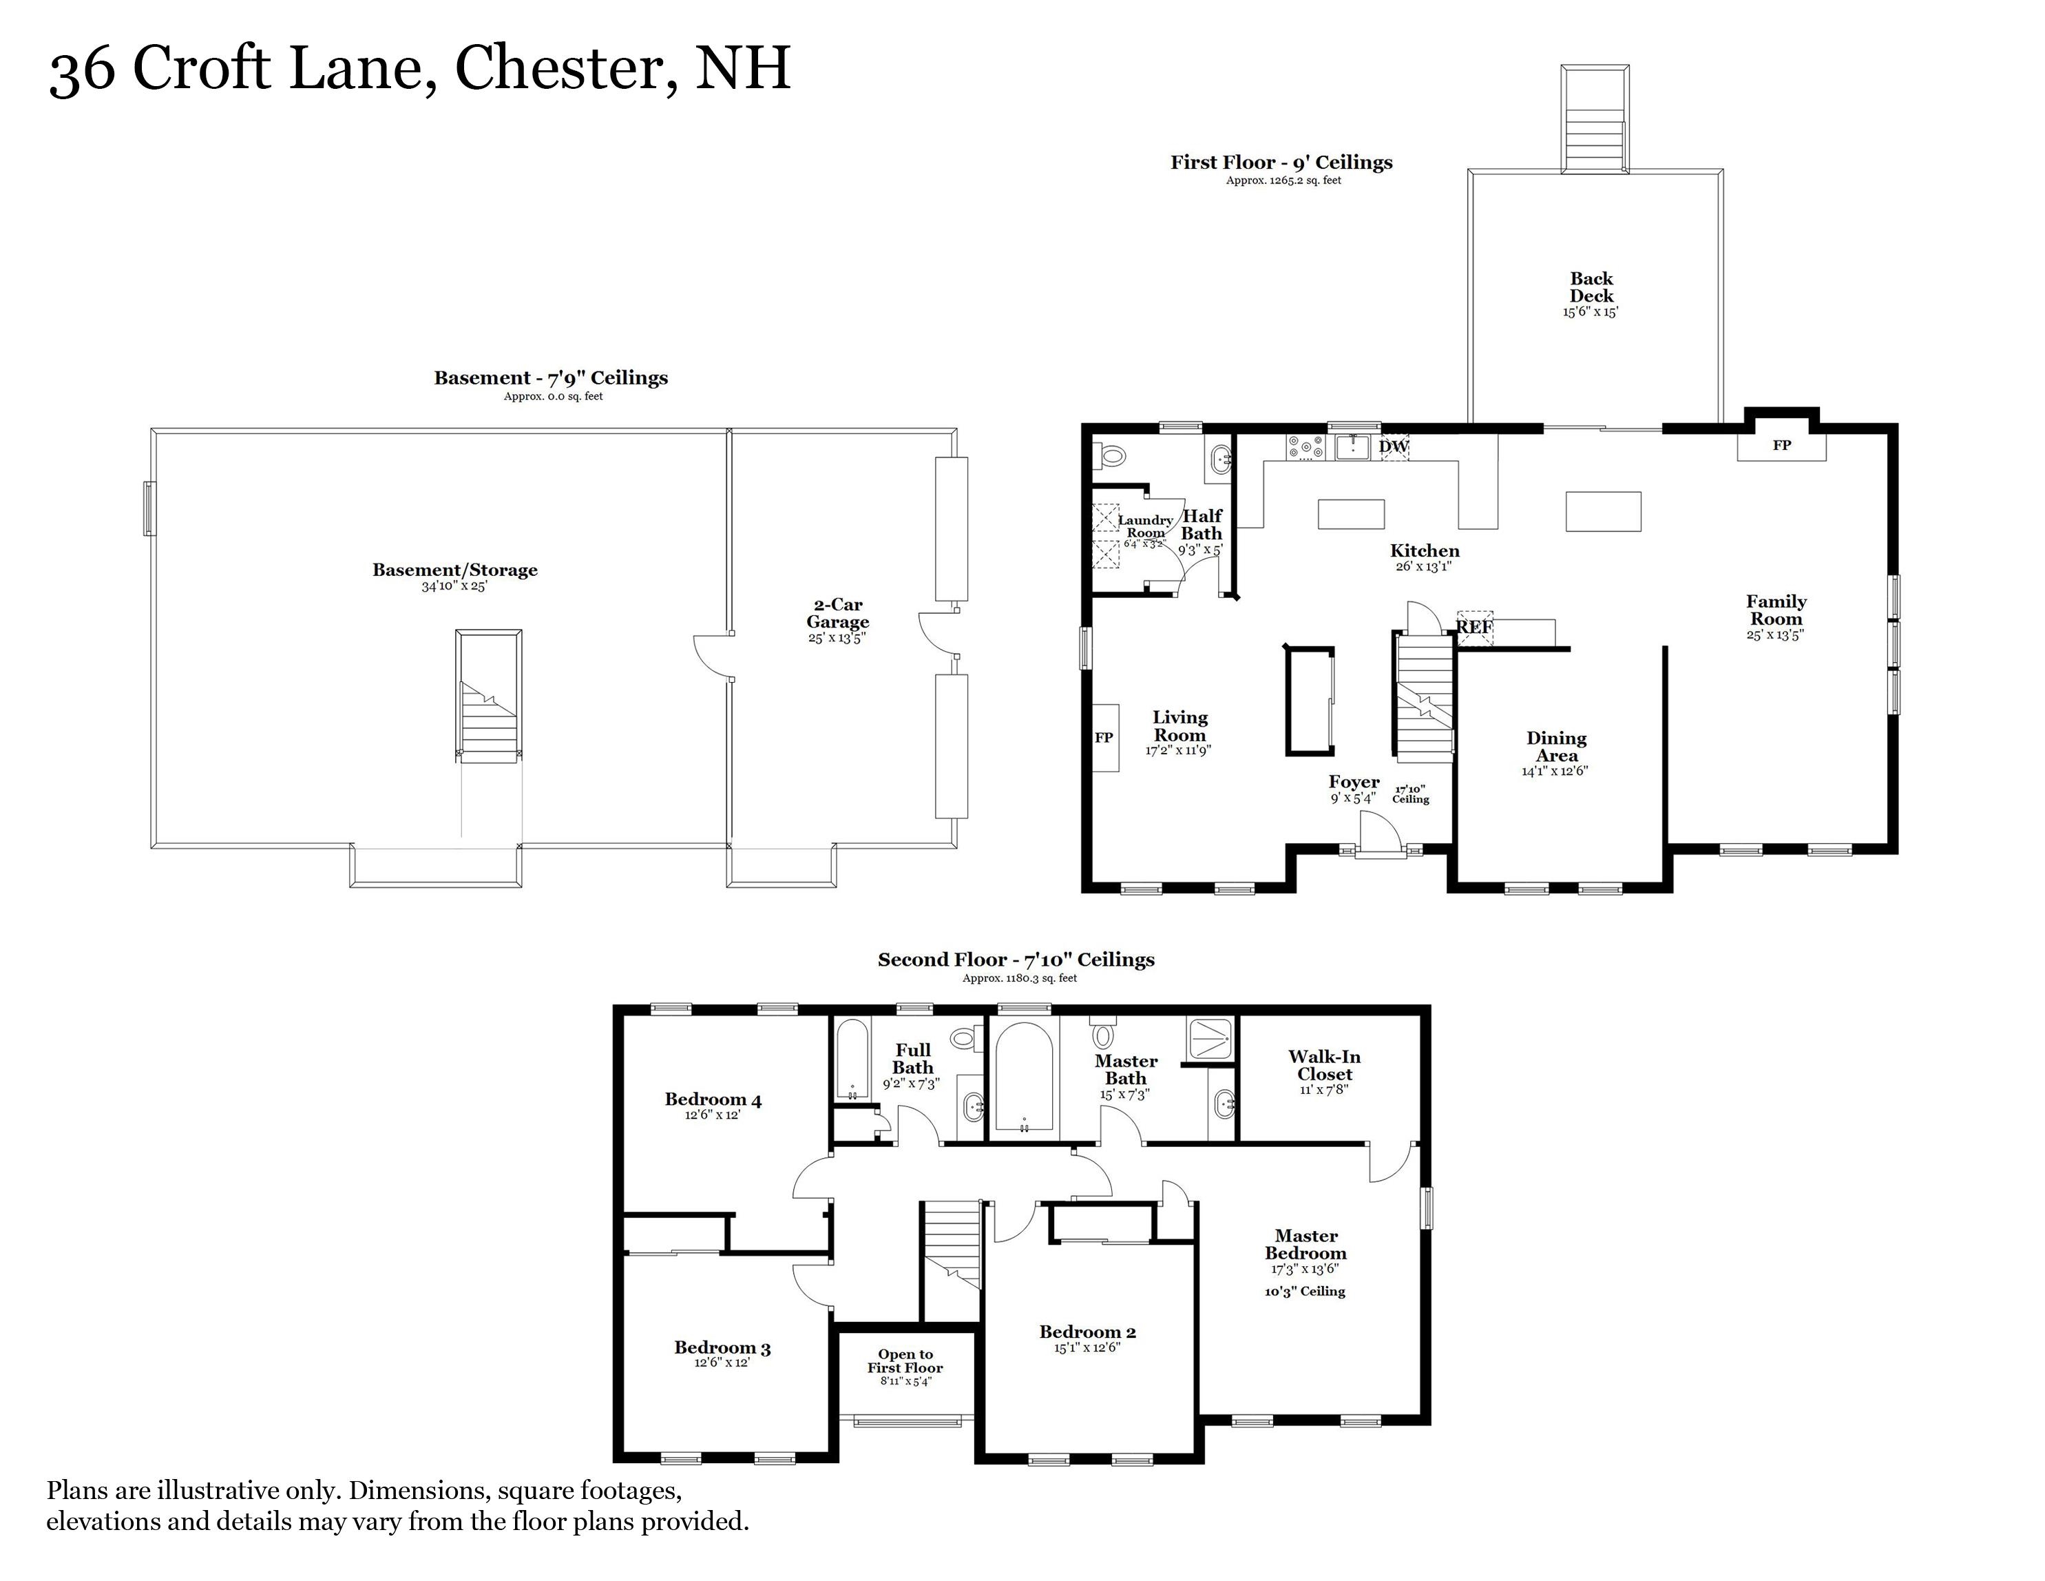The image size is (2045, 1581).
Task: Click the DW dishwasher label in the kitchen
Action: (x=1394, y=447)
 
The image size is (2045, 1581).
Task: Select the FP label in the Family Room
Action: (x=1782, y=446)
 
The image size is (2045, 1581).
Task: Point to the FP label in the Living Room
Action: (x=1104, y=738)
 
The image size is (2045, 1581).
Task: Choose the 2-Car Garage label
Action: (x=838, y=614)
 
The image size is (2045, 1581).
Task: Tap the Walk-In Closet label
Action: (x=1324, y=1065)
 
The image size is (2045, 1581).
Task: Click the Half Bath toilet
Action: (x=1111, y=456)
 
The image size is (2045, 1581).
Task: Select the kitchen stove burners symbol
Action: (x=1305, y=447)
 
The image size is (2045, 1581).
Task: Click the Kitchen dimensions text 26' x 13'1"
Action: (x=1423, y=567)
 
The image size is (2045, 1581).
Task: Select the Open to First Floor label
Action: (x=905, y=1361)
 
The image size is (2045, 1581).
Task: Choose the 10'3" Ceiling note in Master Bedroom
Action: (x=1304, y=1292)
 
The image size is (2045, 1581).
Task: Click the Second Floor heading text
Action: (x=1016, y=960)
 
